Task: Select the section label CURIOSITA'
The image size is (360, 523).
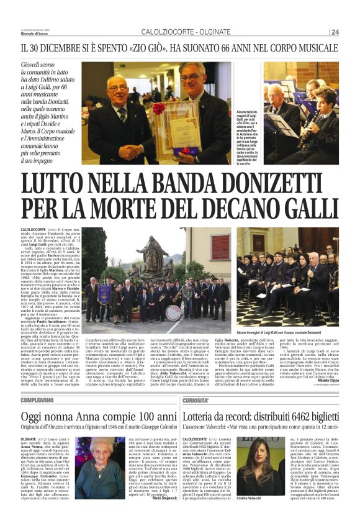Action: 196,401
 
